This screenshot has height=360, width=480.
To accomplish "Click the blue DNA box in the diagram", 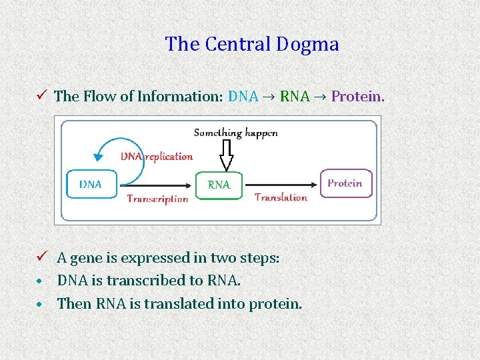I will point(91,184).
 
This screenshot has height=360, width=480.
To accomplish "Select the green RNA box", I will point(219,185).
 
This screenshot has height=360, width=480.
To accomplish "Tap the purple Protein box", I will point(345,183).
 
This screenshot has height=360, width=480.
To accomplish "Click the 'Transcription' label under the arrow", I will point(157,198).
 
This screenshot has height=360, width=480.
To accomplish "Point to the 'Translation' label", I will point(281,197).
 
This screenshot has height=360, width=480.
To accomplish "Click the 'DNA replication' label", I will point(157,157).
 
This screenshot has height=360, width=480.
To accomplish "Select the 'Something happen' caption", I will point(235,133).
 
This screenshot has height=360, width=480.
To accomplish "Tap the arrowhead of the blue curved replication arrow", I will point(99,157).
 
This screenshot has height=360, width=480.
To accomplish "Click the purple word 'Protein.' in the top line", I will point(358,96).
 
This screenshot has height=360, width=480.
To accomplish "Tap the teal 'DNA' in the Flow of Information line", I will point(243,96).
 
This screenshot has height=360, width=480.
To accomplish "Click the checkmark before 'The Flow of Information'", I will point(43,95).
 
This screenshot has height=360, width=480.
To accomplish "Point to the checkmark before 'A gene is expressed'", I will point(43,257).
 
